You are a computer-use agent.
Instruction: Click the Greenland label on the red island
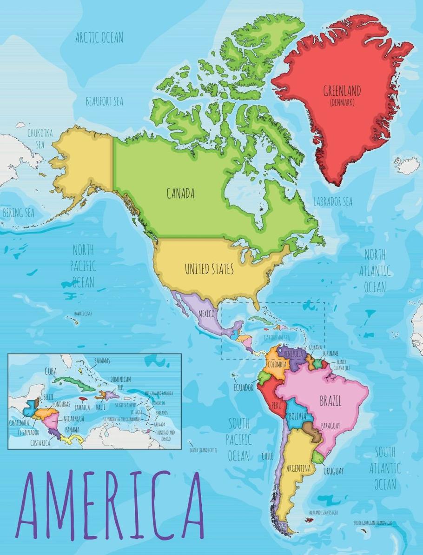pos(342,91)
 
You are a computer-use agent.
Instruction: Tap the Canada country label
pos(180,194)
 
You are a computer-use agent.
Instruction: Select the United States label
pos(209,269)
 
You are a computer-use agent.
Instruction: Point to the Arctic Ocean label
pos(99,38)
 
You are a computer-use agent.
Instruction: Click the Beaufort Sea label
pos(104,101)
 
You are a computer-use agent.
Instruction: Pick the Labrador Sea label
pos(332,202)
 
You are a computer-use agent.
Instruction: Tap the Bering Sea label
pos(19,213)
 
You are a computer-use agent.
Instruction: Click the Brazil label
pos(330,401)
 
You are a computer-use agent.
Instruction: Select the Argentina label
pos(298,468)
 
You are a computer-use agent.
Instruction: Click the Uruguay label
pos(333,471)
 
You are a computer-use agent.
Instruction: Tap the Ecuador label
pos(243,387)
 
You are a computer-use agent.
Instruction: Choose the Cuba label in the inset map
pos(51,371)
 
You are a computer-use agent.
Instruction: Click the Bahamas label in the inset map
pos(102,361)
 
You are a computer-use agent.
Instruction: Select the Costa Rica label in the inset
pos(40,443)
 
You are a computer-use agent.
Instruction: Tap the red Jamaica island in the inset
pos(84,399)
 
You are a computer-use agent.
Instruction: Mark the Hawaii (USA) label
pos(81,314)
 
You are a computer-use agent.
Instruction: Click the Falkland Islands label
pos(323,512)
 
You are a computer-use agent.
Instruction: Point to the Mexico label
pos(206,314)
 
